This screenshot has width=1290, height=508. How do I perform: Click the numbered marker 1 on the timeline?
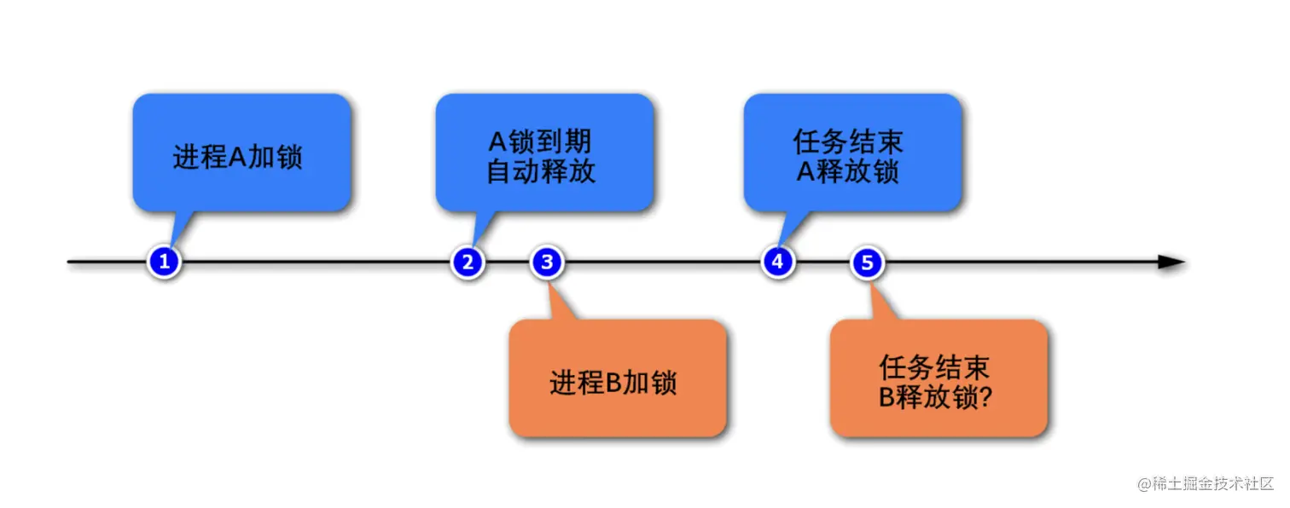point(165,262)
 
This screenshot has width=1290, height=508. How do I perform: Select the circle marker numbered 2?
point(468,262)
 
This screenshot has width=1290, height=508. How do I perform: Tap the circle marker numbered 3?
point(547,262)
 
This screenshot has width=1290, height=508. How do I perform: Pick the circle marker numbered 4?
point(777,262)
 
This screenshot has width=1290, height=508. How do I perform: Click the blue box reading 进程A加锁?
point(241,153)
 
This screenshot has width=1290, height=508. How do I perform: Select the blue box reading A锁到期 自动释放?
point(544,153)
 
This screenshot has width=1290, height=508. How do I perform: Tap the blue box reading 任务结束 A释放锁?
point(852,153)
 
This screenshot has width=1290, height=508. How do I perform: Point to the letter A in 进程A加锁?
point(238,158)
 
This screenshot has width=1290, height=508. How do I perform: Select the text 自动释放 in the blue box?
point(541,171)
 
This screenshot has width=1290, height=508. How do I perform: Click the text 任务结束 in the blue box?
point(848,141)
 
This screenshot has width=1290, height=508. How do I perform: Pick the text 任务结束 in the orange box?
point(934,367)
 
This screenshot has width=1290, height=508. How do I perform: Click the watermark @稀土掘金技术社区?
point(1206,483)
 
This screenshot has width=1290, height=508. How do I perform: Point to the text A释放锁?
point(848,171)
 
